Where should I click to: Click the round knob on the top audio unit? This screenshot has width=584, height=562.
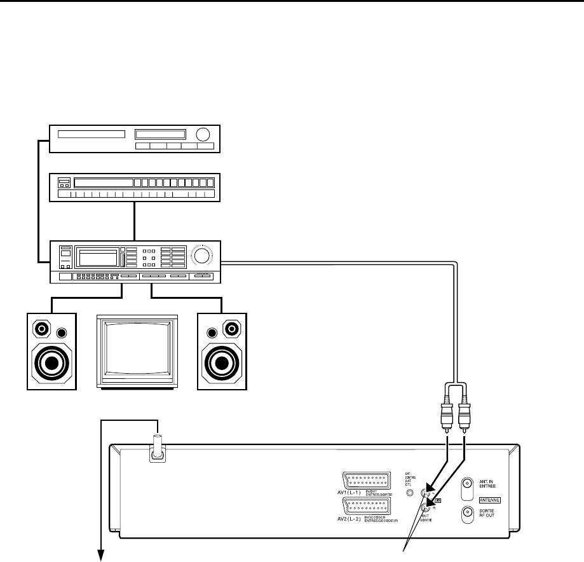(x=204, y=135)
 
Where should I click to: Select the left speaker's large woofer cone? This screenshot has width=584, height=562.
(x=51, y=362)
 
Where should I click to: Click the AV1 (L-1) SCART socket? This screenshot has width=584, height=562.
(x=367, y=481)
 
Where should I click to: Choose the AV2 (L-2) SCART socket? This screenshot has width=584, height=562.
(x=367, y=507)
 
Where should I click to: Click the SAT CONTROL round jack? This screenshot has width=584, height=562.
(x=411, y=492)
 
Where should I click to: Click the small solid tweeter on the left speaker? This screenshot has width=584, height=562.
(x=62, y=333)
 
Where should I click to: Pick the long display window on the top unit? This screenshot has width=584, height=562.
(x=91, y=135)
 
